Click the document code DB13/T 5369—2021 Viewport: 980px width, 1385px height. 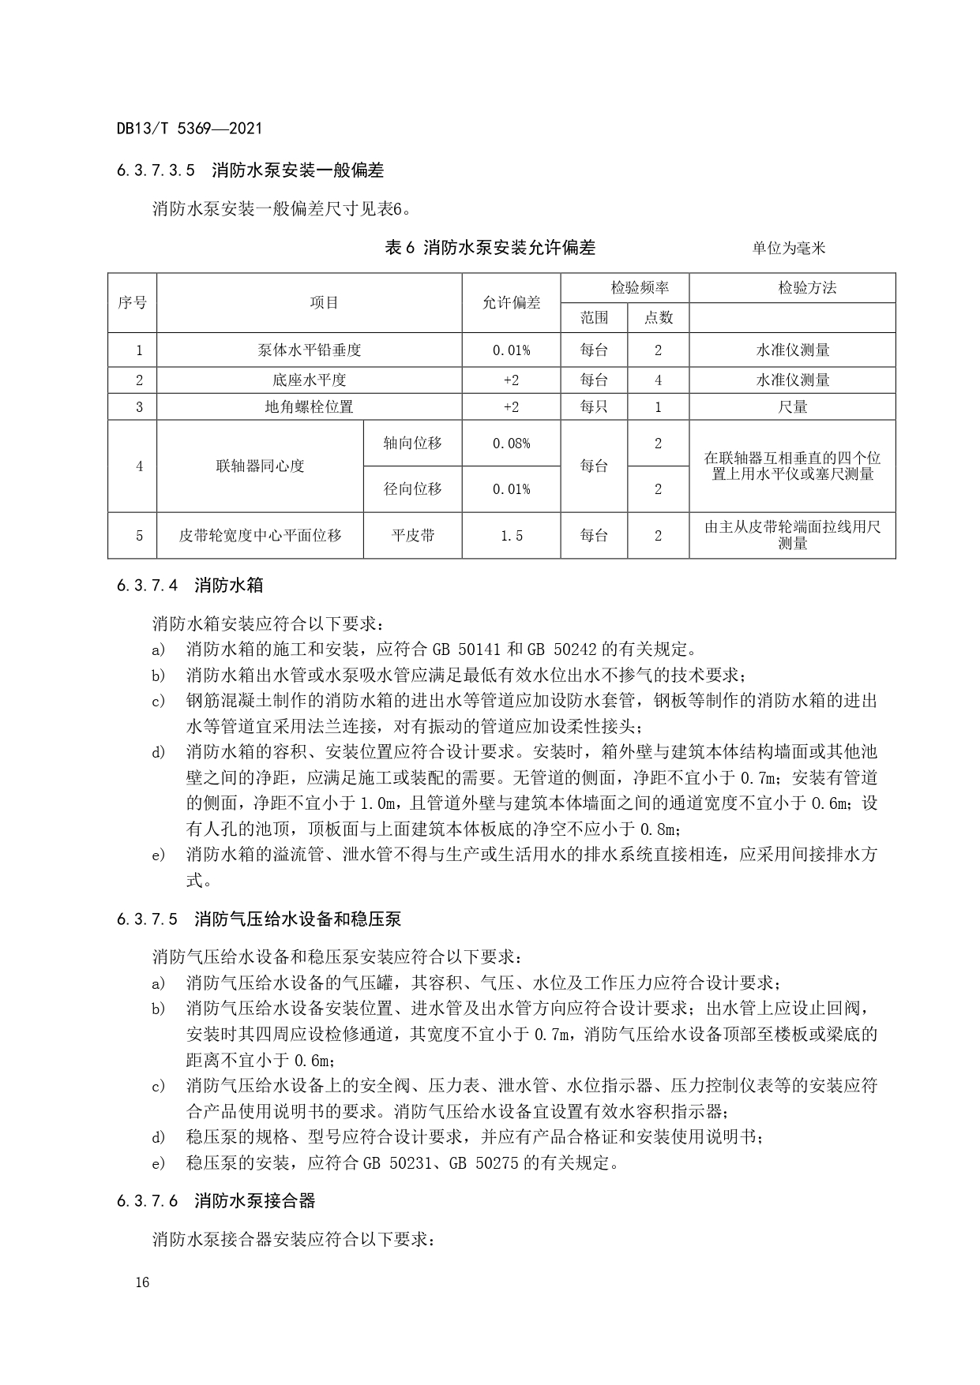[x=189, y=128]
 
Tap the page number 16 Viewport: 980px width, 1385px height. [x=142, y=1282]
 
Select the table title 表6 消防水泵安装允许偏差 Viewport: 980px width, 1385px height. [x=490, y=248]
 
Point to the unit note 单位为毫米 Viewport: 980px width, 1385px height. [x=788, y=249]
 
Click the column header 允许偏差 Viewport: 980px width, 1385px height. [x=511, y=303]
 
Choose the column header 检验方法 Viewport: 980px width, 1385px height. [x=791, y=287]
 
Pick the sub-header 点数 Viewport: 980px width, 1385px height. [x=658, y=317]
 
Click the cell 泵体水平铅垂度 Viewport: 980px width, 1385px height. [x=309, y=350]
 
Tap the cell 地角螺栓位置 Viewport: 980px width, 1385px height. [x=309, y=407]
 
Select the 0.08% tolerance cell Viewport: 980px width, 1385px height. [x=511, y=444]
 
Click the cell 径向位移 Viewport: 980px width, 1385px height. [x=412, y=489]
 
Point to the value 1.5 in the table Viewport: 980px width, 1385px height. [x=511, y=536]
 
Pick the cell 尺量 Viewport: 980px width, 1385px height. [x=792, y=407]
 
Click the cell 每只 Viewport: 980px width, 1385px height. [x=594, y=407]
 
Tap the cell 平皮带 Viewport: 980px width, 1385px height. [x=412, y=536]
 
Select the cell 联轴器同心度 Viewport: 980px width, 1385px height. [x=260, y=466]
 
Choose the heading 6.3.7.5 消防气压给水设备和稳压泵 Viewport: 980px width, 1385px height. [x=258, y=919]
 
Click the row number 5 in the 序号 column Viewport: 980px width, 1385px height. [x=140, y=536]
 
